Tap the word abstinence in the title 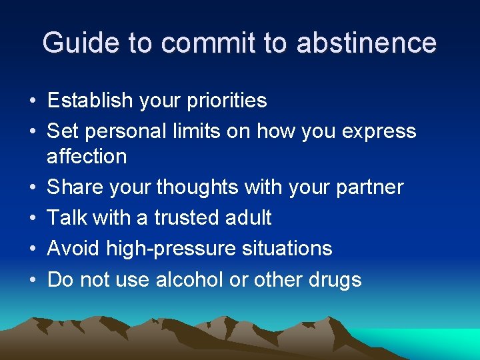pos(367,43)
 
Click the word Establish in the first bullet pos(89,101)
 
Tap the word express pos(379,132)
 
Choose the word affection pos(87,156)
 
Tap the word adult pos(249,217)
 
